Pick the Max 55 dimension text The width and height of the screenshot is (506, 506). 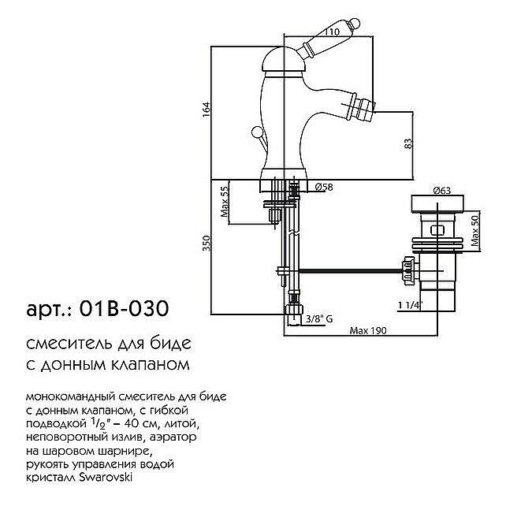click(224, 203)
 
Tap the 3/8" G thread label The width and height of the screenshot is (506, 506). click(321, 318)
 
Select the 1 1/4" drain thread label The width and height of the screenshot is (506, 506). click(411, 304)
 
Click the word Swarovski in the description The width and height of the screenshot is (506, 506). click(110, 477)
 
